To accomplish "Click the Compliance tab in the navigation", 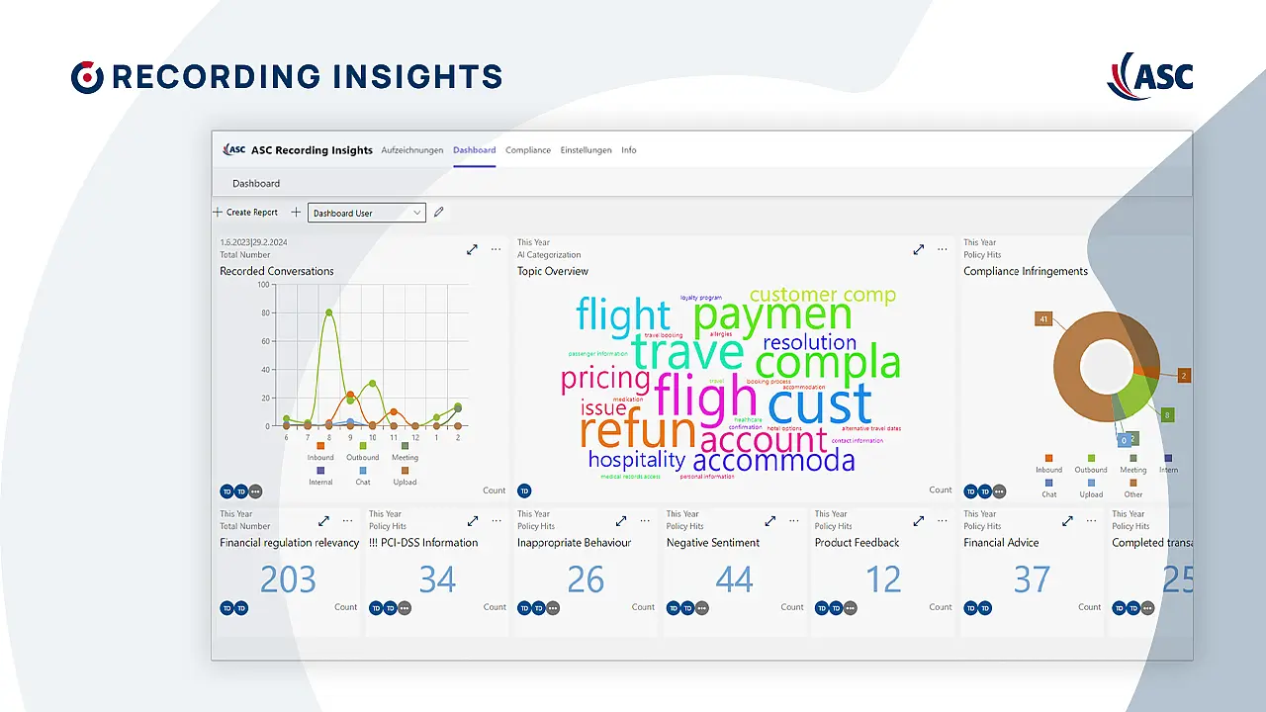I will [528, 150].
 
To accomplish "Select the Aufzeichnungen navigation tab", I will [411, 150].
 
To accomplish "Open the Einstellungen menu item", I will [586, 150].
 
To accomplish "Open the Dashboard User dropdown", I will [367, 213].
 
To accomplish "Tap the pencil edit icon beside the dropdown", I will [439, 212].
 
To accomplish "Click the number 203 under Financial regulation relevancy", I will [288, 579].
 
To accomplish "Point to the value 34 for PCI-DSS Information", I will [437, 579].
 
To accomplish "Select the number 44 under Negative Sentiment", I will [734, 579].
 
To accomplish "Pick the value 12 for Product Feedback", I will [883, 579].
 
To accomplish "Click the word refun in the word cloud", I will [638, 431].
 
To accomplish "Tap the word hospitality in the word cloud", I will [636, 460].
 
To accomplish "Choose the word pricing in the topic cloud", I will [604, 378].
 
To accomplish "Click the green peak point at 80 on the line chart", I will [328, 312].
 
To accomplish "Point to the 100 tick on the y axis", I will [263, 285].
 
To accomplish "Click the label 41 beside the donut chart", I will [1042, 318].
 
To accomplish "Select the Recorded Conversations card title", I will [277, 271].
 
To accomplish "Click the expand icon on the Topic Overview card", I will [918, 250].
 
